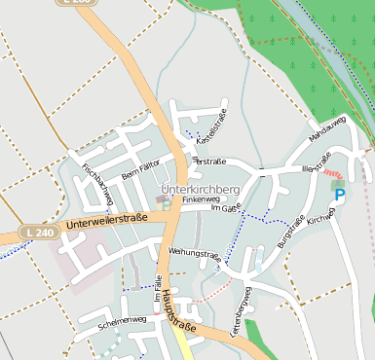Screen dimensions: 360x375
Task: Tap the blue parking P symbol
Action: [340, 195]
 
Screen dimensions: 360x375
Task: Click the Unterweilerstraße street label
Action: [107, 222]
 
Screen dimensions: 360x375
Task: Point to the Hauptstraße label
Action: [177, 310]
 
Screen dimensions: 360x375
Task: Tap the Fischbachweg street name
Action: [98, 181]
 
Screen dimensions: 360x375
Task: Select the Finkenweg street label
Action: [201, 199]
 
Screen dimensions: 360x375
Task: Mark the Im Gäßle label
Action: [226, 207]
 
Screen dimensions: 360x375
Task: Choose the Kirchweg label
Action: [319, 220]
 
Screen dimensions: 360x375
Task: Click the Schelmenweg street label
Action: [122, 319]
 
